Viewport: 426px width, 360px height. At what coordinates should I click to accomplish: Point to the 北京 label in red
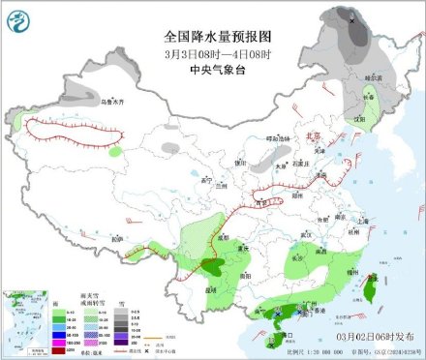[x=307, y=138]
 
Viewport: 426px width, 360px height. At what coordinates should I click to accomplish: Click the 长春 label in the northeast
[x=369, y=97]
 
